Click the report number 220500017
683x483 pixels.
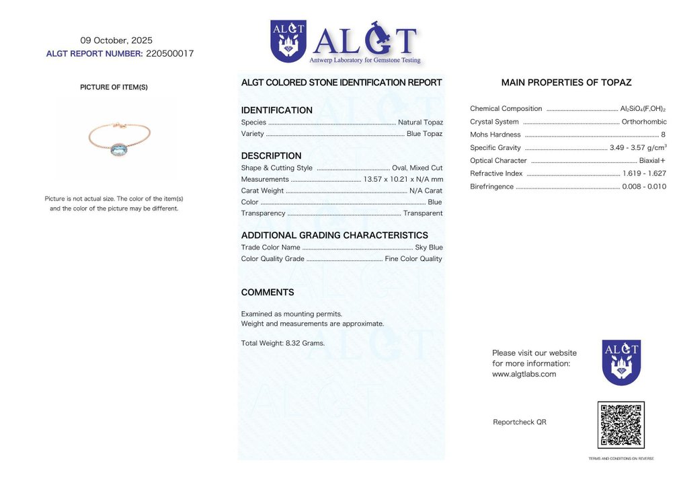point(169,54)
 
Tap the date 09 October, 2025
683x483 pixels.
point(116,40)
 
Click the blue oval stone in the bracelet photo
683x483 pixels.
point(120,149)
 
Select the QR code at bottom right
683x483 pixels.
point(620,425)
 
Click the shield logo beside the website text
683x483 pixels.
point(621,362)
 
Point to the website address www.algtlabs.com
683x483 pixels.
point(524,374)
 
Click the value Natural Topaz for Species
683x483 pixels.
point(420,122)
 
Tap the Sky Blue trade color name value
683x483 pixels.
point(429,248)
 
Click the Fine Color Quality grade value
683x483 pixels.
point(413,259)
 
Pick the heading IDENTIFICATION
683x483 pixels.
point(276,110)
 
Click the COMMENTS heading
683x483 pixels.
point(268,293)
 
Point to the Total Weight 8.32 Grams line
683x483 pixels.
point(282,343)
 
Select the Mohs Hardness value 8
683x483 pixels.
point(663,135)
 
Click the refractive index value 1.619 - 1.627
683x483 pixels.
point(644,174)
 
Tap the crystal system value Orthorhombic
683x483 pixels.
point(644,122)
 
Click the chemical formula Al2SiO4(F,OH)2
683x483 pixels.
point(643,109)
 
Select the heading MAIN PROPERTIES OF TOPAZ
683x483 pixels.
point(566,83)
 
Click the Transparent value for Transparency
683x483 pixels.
point(423,213)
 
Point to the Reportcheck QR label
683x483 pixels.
point(520,422)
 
